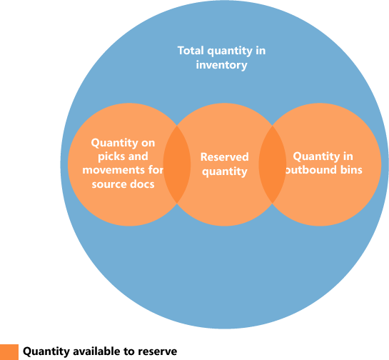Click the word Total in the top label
click(x=190, y=51)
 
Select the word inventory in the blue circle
click(x=222, y=65)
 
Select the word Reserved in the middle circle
click(x=224, y=157)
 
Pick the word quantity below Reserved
click(x=224, y=171)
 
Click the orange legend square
click(x=9, y=351)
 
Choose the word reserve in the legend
click(x=158, y=351)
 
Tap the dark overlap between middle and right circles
click(x=272, y=164)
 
